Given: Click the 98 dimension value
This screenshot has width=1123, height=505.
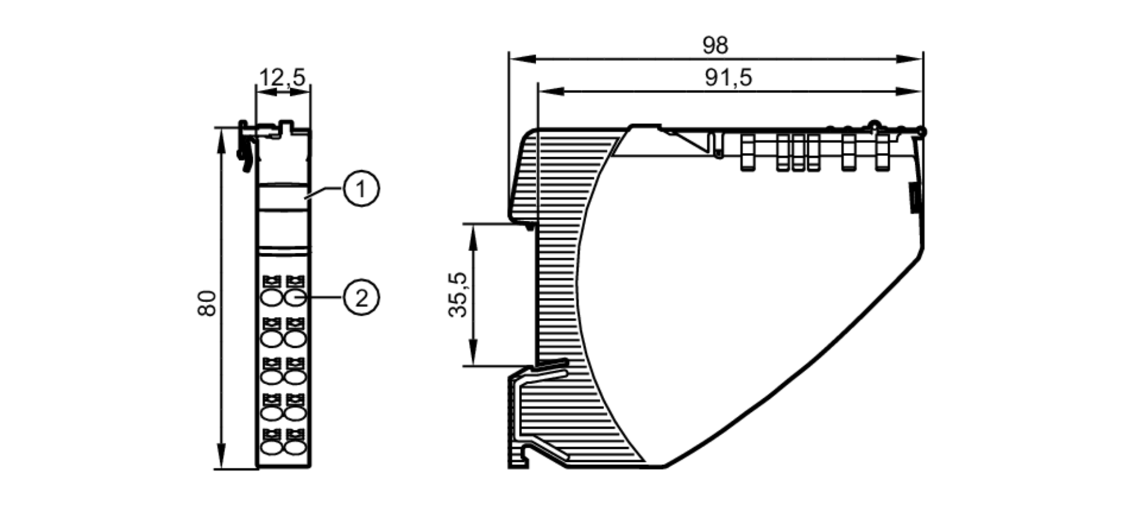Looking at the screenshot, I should (x=715, y=46).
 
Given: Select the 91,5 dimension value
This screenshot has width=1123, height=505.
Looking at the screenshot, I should (x=728, y=78).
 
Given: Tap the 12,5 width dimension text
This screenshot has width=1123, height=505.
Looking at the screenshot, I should (x=282, y=77).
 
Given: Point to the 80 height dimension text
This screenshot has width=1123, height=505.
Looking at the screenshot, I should (x=207, y=303).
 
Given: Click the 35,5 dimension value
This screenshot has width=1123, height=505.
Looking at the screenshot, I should (x=458, y=295).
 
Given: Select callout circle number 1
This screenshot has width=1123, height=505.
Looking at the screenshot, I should (x=360, y=189).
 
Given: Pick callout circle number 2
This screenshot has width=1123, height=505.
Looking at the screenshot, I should (x=360, y=297).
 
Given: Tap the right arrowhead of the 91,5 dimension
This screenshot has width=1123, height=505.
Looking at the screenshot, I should (x=910, y=91).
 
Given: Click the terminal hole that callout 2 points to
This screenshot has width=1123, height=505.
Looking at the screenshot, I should (x=295, y=298).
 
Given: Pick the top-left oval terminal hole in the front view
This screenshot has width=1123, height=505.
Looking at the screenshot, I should (x=272, y=298).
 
